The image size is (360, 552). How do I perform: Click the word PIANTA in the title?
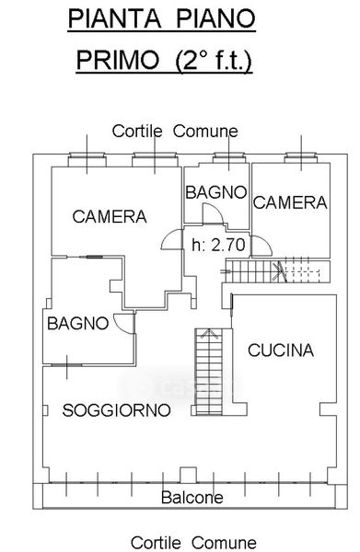[114, 18]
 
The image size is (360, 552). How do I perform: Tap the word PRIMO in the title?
[118, 60]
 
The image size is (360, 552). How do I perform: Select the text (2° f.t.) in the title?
[215, 61]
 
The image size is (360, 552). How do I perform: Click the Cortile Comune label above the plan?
[175, 132]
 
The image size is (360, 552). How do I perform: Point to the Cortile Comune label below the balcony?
[193, 543]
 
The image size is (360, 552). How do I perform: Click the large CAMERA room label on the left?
[110, 216]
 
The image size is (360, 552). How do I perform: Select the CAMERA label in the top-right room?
[290, 202]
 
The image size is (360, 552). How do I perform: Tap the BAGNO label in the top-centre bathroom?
[216, 192]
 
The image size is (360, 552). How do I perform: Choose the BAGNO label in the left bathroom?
[78, 323]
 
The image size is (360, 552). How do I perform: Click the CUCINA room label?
[281, 350]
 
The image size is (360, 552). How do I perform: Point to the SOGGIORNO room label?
[116, 410]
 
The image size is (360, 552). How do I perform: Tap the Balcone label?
[192, 498]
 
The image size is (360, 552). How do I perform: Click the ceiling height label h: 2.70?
[218, 245]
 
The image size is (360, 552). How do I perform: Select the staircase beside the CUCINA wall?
[209, 372]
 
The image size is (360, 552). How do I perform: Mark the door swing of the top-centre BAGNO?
[213, 213]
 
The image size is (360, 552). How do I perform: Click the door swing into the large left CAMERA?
[171, 239]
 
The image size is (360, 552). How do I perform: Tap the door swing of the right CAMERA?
[261, 246]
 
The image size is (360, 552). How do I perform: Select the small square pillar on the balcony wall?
[188, 475]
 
